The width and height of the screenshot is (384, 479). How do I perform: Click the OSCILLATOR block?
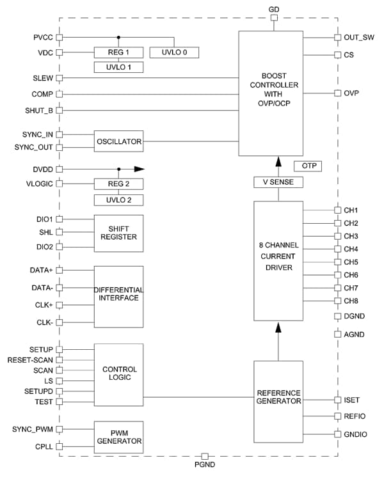pyautogui.click(x=118, y=141)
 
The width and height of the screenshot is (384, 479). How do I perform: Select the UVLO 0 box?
pyautogui.click(x=173, y=52)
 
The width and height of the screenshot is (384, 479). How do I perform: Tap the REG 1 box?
pyautogui.click(x=118, y=52)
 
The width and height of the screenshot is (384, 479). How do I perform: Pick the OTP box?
pyautogui.click(x=307, y=166)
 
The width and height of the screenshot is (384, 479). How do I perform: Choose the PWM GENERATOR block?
pyautogui.click(x=118, y=436)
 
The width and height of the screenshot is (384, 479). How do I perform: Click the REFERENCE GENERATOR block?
pyautogui.click(x=278, y=397)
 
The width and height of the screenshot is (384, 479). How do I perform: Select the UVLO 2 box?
pyautogui.click(x=118, y=200)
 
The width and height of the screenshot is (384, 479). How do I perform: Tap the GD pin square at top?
pyautogui.click(x=274, y=18)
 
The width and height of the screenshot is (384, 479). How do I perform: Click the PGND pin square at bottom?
pyautogui.click(x=205, y=456)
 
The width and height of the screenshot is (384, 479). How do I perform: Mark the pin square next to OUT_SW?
pyautogui.click(x=337, y=38)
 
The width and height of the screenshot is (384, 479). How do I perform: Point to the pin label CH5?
pyautogui.click(x=351, y=262)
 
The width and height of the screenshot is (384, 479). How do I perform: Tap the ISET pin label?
pyautogui.click(x=352, y=400)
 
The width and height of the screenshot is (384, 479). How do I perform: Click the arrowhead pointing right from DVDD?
pyautogui.click(x=140, y=169)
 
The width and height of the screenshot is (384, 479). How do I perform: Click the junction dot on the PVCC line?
pyautogui.click(x=118, y=38)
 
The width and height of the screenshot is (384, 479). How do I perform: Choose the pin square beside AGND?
pyautogui.click(x=337, y=333)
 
